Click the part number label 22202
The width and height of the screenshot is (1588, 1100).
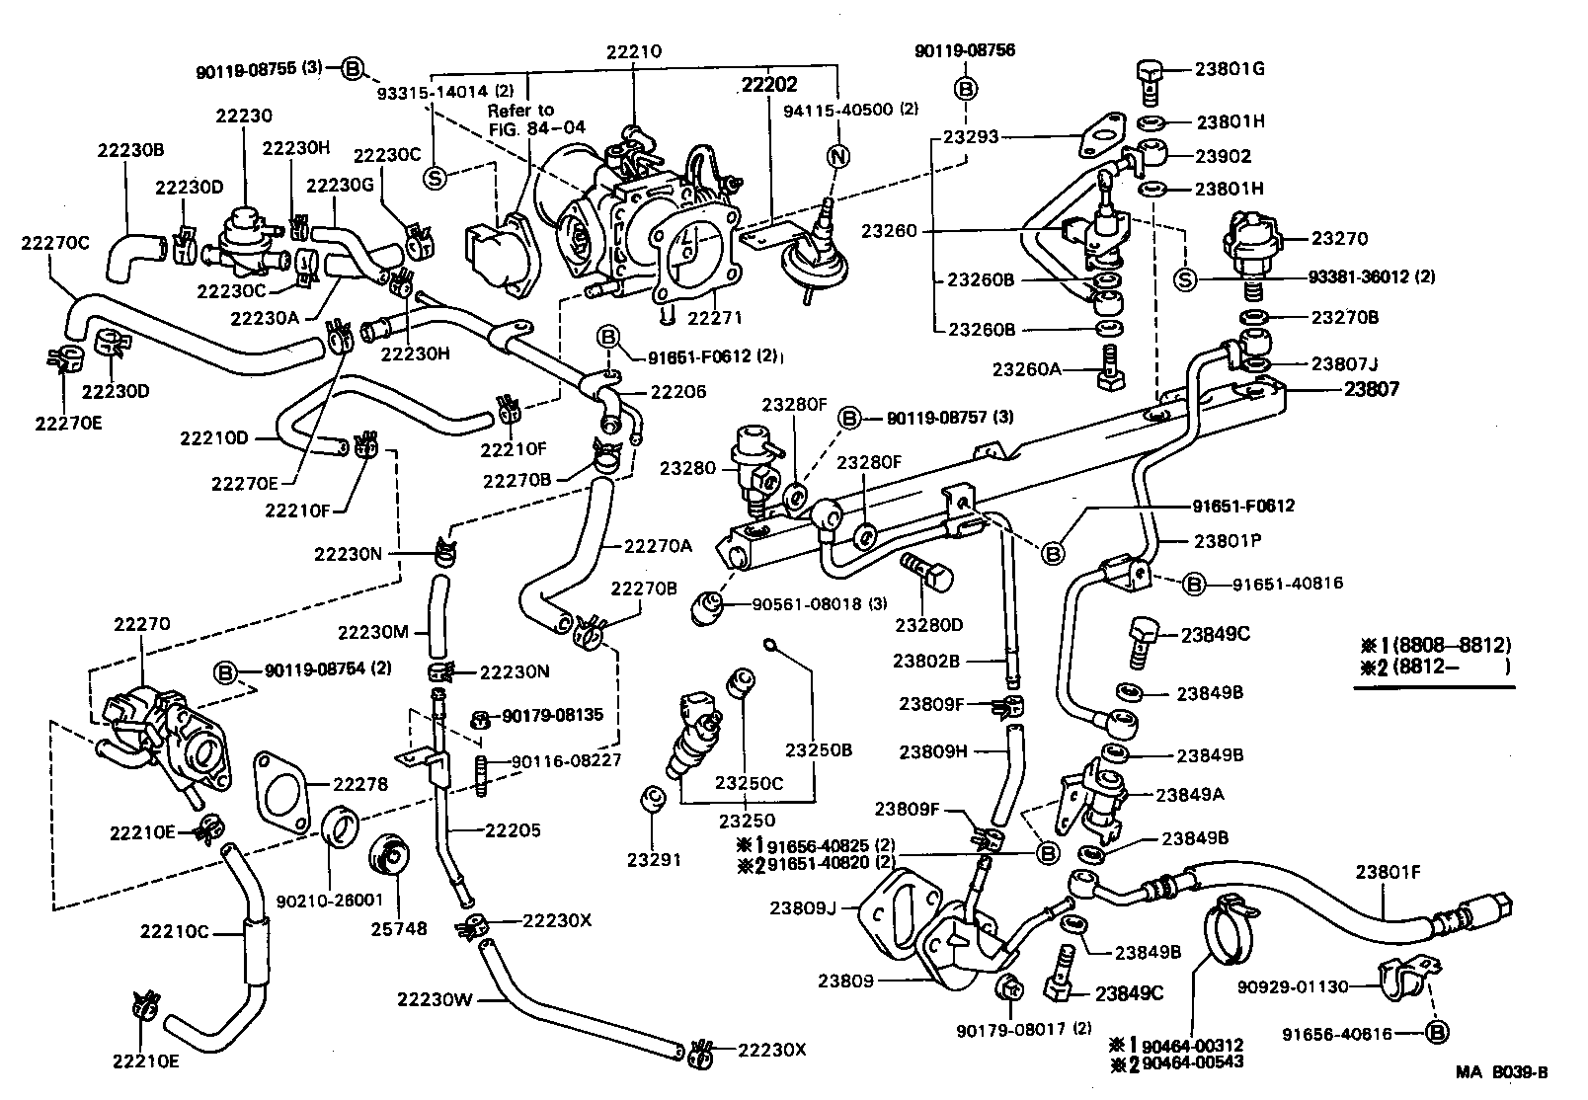coord(769,86)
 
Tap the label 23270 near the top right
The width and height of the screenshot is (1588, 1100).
coord(1339,238)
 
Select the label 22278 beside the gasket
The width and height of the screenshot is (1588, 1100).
coord(360,784)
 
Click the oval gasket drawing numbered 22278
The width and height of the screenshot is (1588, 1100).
coord(279,786)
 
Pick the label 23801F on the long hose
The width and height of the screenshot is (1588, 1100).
coord(1388,872)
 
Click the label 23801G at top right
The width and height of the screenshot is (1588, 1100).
coord(1229,69)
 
